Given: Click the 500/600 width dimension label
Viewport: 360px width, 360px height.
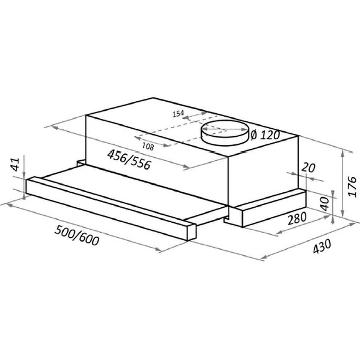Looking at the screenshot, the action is point(76,235).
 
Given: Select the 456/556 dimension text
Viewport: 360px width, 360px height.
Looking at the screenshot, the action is point(129,160).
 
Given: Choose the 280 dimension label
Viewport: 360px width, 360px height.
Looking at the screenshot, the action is point(297,218).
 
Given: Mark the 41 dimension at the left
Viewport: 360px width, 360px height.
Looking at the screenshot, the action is point(16,165).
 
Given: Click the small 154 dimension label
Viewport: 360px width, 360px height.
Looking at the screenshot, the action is point(178,114).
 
